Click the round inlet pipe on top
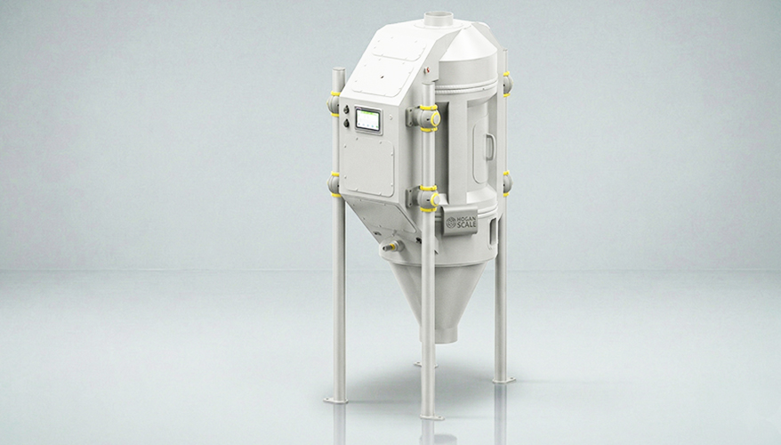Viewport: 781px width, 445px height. tap(438, 17)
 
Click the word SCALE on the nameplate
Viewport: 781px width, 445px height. tap(465, 226)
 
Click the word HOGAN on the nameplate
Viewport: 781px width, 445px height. tap(465, 217)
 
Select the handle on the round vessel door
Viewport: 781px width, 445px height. tap(487, 142)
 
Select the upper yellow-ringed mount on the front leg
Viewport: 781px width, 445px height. tap(428, 117)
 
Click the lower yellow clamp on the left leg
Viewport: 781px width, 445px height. tap(335, 182)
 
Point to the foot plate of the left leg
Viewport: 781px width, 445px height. tap(337, 399)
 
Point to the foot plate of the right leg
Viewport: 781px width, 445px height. tap(503, 380)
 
